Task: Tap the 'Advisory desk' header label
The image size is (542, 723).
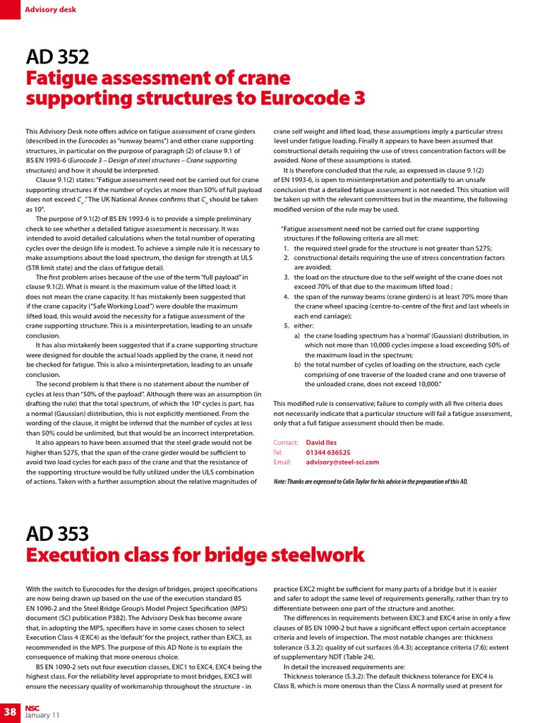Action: click(50, 10)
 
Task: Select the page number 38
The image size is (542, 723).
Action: click(11, 710)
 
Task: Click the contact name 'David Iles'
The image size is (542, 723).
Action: click(322, 442)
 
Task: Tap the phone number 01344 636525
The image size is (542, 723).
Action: click(327, 452)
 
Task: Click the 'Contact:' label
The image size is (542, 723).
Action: click(286, 442)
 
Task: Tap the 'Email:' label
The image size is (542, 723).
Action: click(282, 462)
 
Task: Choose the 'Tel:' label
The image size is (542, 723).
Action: click(278, 452)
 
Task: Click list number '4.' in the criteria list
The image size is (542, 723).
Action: click(287, 297)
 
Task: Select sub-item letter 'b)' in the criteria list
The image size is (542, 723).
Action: click(297, 364)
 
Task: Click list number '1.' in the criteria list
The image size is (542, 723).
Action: click(287, 249)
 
